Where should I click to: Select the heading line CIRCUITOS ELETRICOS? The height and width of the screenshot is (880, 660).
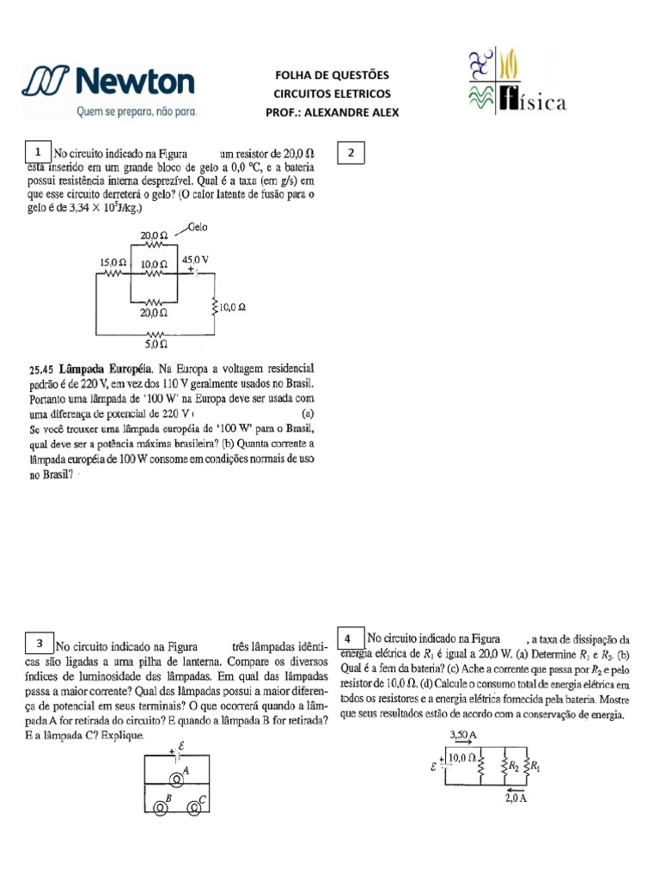[332, 94]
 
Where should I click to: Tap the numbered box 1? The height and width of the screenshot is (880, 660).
[39, 151]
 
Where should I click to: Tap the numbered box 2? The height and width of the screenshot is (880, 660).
[351, 153]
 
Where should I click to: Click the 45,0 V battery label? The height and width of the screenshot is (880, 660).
[195, 258]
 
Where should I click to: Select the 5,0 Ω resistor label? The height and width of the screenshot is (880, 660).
[156, 344]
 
